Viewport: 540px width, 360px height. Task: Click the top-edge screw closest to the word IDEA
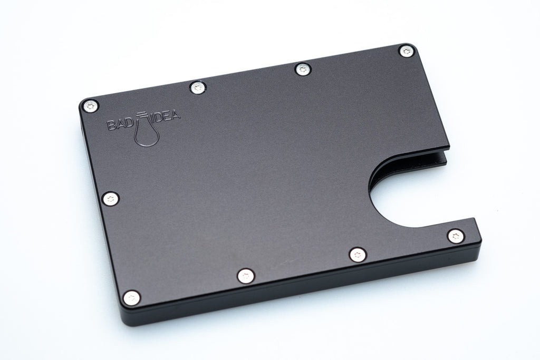click(x=198, y=87)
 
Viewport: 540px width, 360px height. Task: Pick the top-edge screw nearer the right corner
click(x=301, y=69)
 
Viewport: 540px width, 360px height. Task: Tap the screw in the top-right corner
click(x=405, y=52)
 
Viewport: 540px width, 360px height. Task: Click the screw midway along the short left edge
click(x=110, y=199)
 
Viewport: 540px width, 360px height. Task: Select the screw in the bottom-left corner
click(x=131, y=298)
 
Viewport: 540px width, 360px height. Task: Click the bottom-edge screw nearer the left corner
click(x=245, y=275)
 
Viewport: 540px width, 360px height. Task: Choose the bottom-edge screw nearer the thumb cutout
click(x=358, y=255)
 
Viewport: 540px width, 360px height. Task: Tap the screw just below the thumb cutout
click(x=456, y=236)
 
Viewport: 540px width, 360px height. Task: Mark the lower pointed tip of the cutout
click(x=473, y=220)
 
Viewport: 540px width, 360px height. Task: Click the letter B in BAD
click(x=112, y=125)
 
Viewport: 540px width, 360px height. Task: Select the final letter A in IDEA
click(x=175, y=114)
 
